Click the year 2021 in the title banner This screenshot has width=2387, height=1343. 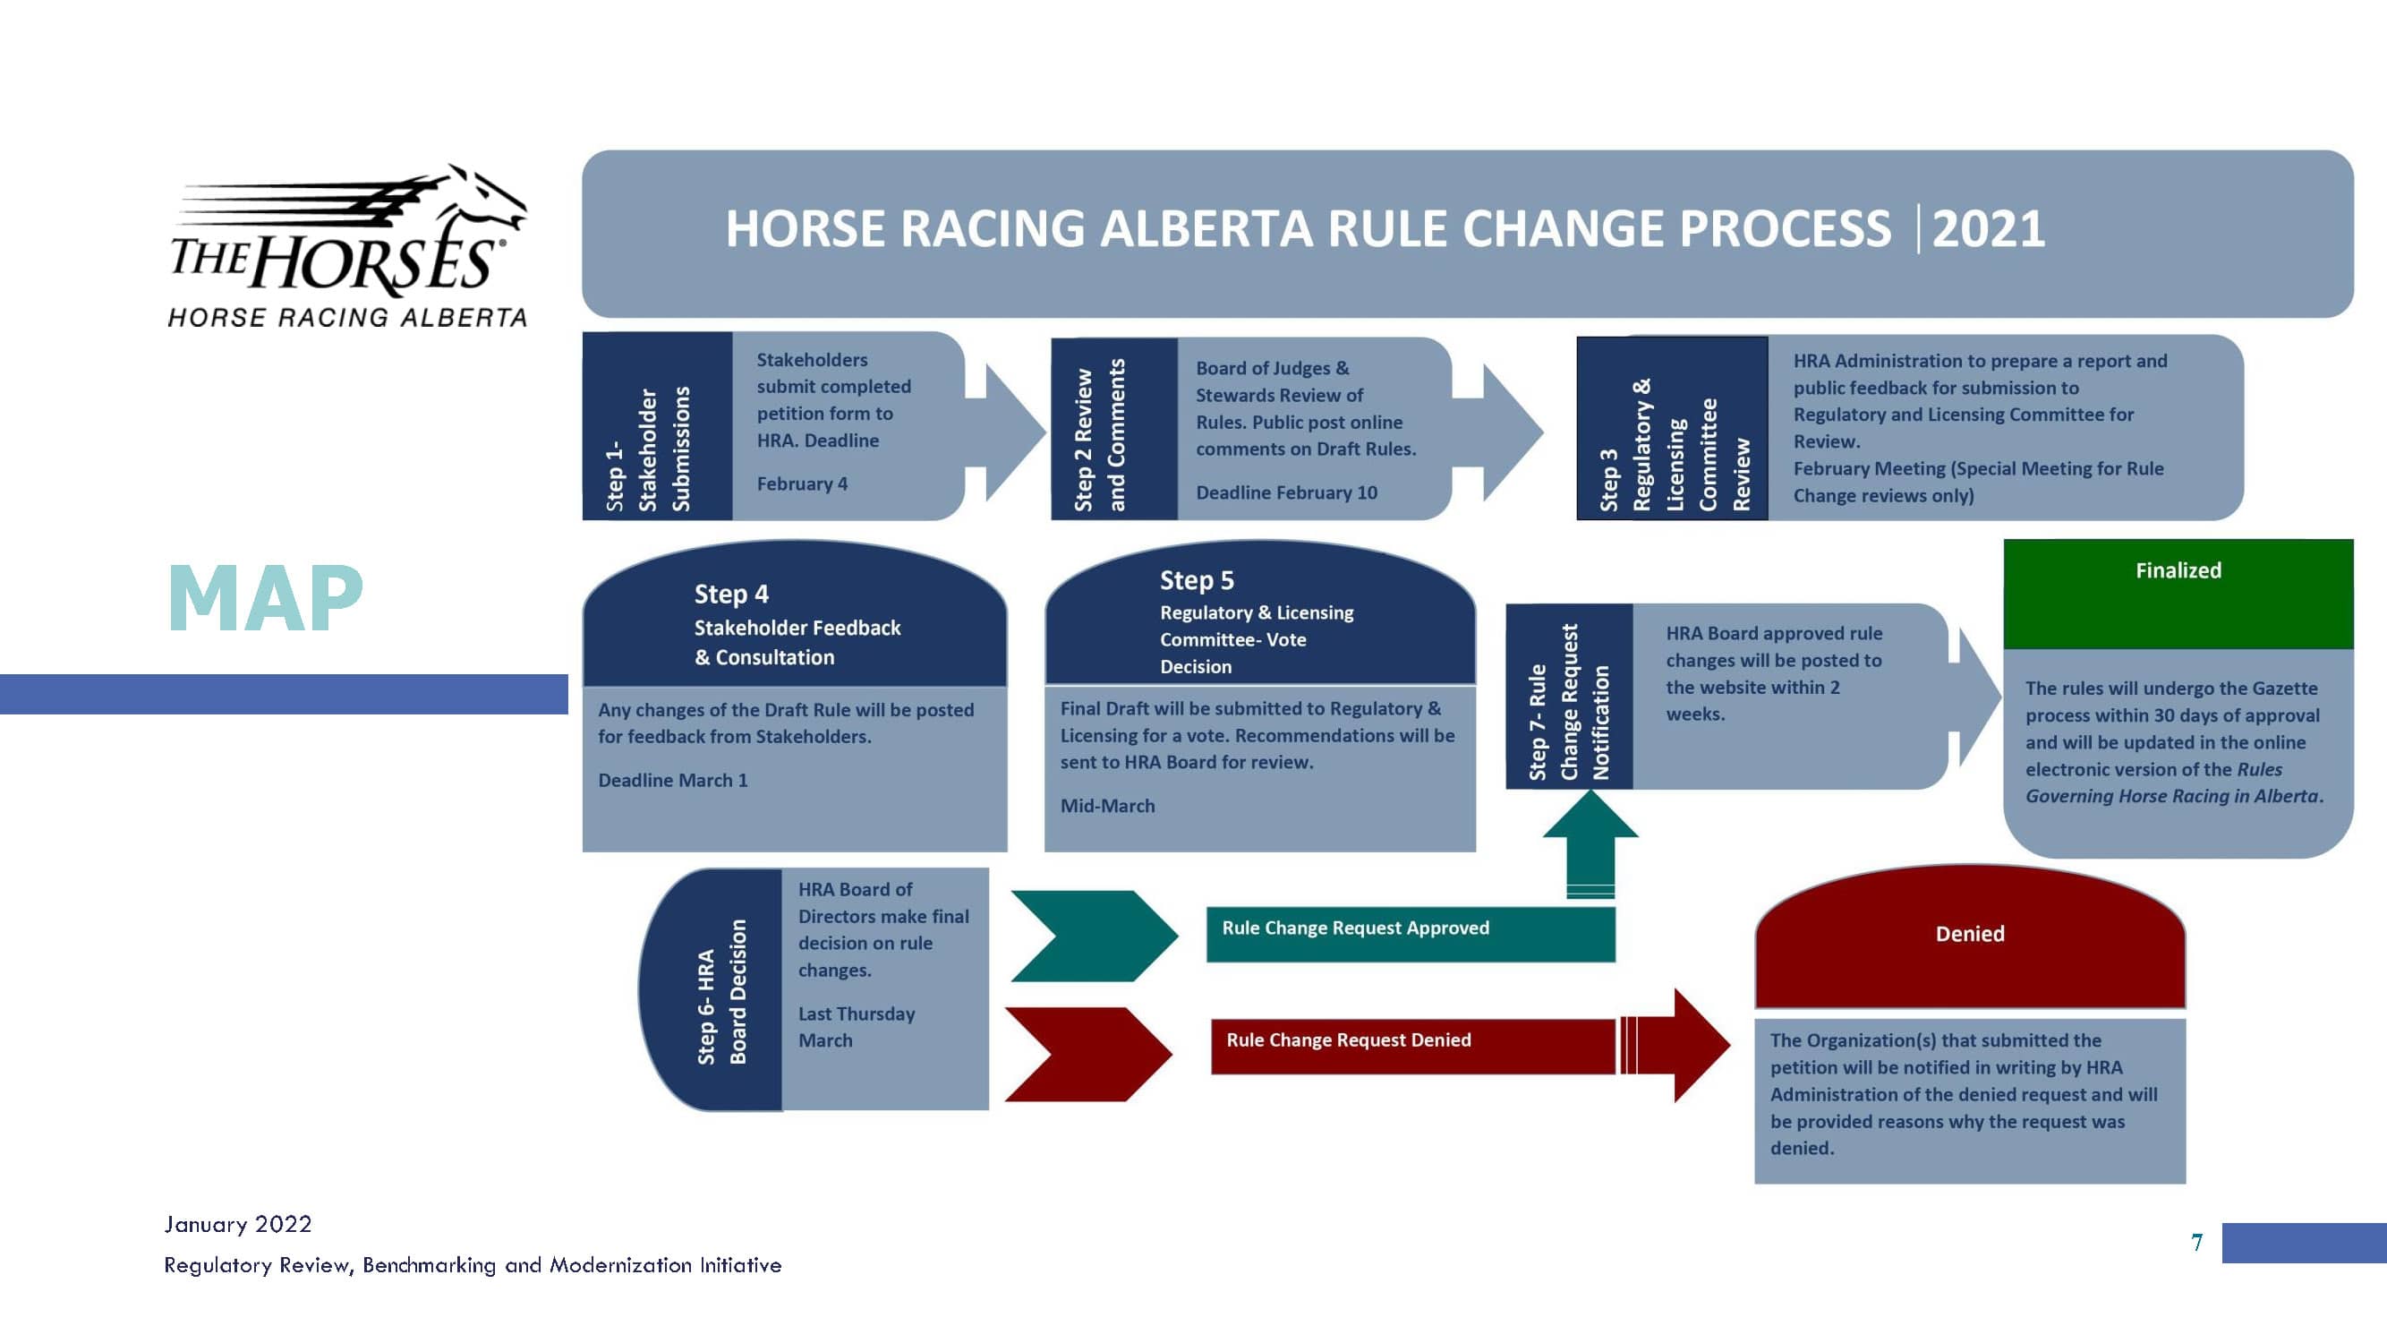[1989, 229]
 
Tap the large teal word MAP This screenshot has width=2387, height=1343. [265, 598]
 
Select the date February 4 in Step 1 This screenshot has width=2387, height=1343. [802, 483]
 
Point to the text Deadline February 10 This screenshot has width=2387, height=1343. [1286, 493]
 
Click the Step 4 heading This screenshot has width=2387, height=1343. [731, 595]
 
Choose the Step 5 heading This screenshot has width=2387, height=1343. [1197, 580]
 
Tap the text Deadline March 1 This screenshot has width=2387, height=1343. [673, 781]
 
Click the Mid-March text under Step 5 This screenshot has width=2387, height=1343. [1107, 807]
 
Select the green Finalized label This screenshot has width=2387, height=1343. [2178, 571]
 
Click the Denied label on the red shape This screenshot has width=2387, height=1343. [1970, 934]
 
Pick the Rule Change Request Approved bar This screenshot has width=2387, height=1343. [1411, 934]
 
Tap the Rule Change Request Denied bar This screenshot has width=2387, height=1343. [1412, 1047]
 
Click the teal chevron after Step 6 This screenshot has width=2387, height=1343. [1095, 937]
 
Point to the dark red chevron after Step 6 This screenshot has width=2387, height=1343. [1090, 1055]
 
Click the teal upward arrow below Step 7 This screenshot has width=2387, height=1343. [1590, 843]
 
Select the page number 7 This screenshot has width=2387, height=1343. [2197, 1243]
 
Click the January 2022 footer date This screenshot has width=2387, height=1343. [238, 1224]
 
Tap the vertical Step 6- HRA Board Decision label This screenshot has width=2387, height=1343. [722, 992]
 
